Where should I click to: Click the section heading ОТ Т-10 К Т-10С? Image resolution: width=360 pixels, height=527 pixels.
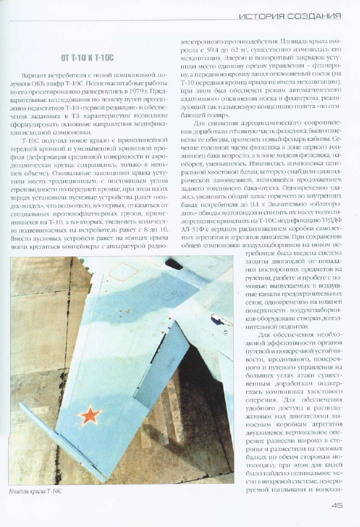87,57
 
